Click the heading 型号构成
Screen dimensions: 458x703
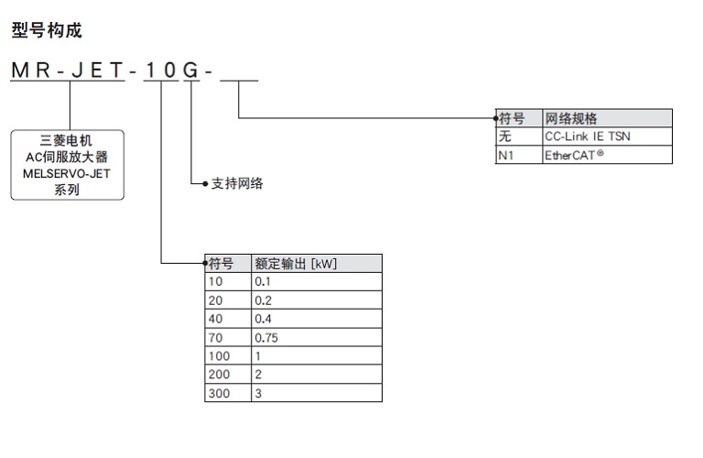coord(47,31)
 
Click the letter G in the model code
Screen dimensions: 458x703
coord(191,71)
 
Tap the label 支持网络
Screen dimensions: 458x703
coord(237,183)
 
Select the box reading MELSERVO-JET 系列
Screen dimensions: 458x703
coord(66,166)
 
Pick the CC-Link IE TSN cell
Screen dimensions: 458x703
coord(587,136)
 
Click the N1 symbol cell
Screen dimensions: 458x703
coord(506,155)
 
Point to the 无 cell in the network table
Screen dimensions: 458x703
coord(504,136)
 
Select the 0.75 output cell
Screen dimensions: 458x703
coord(268,337)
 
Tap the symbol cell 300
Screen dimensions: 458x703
coord(220,392)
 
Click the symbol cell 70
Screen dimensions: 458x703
coord(216,337)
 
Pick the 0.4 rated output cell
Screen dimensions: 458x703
coord(264,319)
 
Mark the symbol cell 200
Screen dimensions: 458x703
coord(220,374)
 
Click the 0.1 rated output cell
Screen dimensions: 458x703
coord(264,282)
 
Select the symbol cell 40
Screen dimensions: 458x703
coord(216,319)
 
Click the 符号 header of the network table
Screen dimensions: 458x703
coord(512,118)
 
